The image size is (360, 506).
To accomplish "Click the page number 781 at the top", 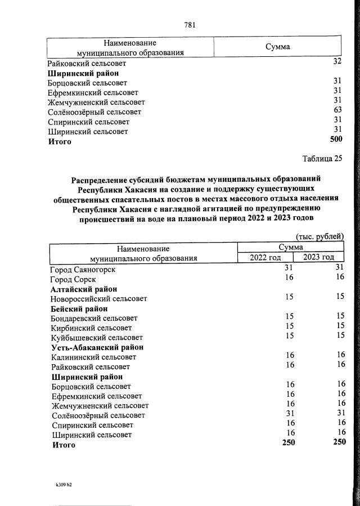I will tap(190, 24).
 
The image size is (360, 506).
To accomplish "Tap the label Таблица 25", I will tap(322, 158).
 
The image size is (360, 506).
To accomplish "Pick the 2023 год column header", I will tap(319, 258).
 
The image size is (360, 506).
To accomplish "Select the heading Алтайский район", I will tap(84, 289).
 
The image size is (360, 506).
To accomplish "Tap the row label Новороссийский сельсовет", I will tap(98, 299).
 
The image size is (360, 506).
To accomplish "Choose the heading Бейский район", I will tap(79, 308).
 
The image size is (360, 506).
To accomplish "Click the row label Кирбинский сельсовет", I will tap(91, 327).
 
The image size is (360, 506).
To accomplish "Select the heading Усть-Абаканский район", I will tap(97, 347).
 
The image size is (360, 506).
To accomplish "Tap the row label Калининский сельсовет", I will tap(93, 357).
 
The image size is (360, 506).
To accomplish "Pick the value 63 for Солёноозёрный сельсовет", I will tap(337, 111).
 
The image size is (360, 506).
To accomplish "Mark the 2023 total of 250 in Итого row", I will tap(339, 443).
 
